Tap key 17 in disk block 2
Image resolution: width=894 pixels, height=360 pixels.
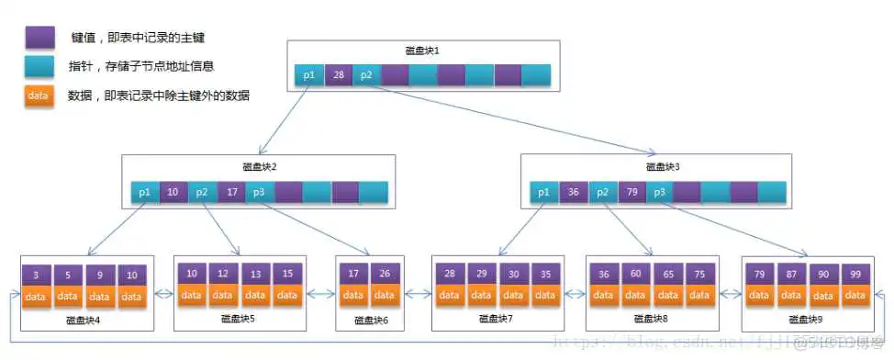pyautogui.click(x=232, y=192)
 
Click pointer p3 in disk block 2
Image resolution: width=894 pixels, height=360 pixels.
pyautogui.click(x=260, y=192)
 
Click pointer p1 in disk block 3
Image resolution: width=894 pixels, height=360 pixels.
pyautogui.click(x=544, y=192)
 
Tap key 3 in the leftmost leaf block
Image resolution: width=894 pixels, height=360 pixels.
pyautogui.click(x=35, y=275)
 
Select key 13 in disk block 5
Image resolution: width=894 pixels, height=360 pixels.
pyautogui.click(x=255, y=274)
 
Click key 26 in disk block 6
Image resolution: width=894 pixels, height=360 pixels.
pyautogui.click(x=384, y=274)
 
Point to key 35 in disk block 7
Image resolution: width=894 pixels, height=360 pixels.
pyautogui.click(x=544, y=274)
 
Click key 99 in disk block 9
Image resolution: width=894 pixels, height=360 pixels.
pyautogui.click(x=855, y=274)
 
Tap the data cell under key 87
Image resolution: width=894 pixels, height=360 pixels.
pyautogui.click(x=792, y=296)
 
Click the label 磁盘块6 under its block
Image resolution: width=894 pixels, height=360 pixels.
pyautogui.click(x=371, y=321)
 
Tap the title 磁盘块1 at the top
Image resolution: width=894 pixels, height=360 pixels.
pyautogui.click(x=421, y=51)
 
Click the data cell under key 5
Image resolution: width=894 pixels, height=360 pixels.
pyautogui.click(x=67, y=297)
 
